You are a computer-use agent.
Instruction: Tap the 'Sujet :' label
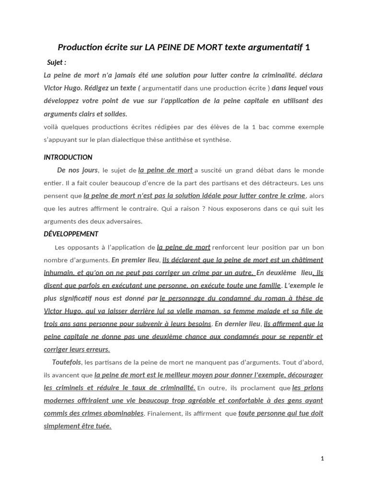(x=57, y=62)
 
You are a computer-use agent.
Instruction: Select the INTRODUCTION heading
(x=68, y=157)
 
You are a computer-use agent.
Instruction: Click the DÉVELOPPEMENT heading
(x=71, y=234)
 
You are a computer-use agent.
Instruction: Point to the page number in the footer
(x=322, y=458)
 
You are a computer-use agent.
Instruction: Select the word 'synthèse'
(x=217, y=140)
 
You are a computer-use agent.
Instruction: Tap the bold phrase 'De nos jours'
(x=77, y=170)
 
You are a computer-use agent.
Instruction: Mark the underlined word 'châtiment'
(x=306, y=260)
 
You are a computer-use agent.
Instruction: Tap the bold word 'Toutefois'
(x=67, y=362)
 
